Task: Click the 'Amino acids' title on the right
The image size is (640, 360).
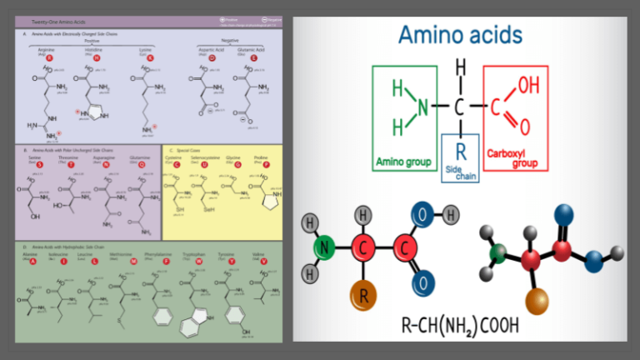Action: pyautogui.click(x=460, y=34)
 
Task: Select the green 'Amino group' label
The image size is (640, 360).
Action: pyautogui.click(x=402, y=161)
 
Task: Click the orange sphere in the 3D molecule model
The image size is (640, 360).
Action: pyautogui.click(x=534, y=296)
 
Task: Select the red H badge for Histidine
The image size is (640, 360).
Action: pyautogui.click(x=97, y=57)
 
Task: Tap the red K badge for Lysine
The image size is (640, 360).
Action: pyautogui.click(x=151, y=57)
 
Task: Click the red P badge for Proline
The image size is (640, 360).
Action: pyautogui.click(x=267, y=165)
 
